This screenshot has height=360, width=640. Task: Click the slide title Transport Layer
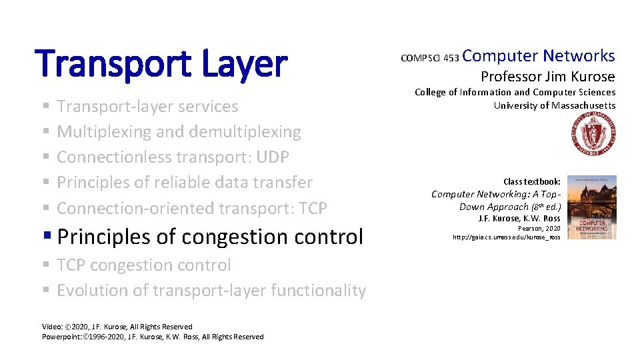163,64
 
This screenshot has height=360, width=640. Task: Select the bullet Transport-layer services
147,107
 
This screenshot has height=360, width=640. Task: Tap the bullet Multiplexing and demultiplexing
179,132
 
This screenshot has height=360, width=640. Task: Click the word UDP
273,157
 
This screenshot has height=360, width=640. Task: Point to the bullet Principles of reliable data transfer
184,183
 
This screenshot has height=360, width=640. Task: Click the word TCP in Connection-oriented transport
312,209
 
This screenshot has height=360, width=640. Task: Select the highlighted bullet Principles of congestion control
210,237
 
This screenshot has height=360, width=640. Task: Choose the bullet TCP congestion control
143,265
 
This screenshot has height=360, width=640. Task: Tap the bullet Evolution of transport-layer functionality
211,291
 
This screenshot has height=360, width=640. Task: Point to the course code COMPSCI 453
429,59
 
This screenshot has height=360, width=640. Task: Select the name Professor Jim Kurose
547,76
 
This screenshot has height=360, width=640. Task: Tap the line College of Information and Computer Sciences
515,93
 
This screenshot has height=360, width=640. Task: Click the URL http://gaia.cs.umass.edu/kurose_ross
506,237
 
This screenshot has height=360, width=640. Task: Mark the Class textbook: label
531,181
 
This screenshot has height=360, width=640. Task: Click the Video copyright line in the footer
117,327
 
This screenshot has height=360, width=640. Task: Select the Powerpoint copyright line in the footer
152,337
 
